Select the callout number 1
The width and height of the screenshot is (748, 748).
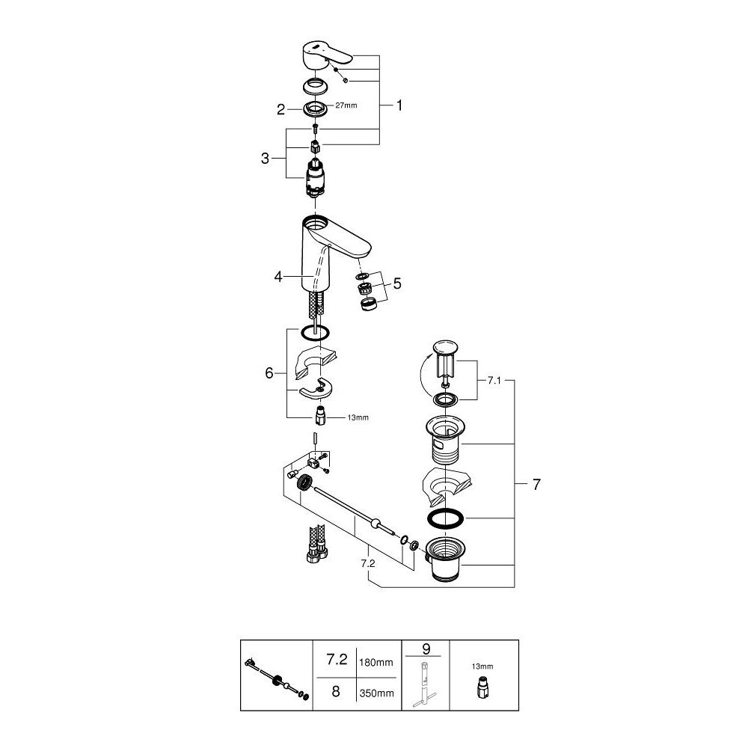[399, 106]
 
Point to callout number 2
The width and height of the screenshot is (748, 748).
[281, 109]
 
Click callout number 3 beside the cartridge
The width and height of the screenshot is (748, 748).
[266, 158]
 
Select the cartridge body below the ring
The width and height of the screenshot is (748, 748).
[316, 179]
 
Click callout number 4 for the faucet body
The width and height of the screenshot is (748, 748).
[278, 276]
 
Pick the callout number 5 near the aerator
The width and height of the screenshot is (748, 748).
[397, 283]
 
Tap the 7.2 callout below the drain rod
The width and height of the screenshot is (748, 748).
[367, 562]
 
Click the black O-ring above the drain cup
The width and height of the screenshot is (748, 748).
[446, 518]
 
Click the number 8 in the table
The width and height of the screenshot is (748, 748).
[336, 692]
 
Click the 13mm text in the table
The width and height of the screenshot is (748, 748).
[482, 665]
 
